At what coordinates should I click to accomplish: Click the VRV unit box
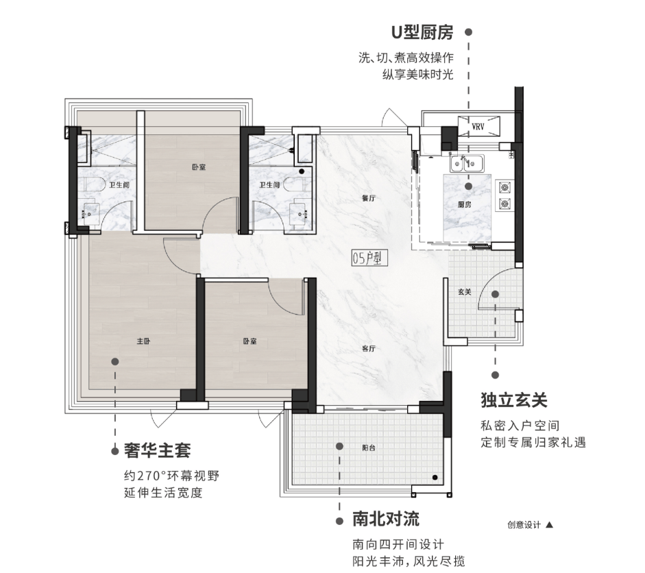tap(479, 126)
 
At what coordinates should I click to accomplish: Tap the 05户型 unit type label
tap(369, 258)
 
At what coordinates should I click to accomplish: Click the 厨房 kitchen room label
tap(464, 204)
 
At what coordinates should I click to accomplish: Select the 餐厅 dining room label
tap(369, 198)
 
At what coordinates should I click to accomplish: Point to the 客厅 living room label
tap(369, 348)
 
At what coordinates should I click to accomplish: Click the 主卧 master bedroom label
tap(143, 341)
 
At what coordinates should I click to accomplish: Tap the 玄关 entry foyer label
tap(465, 292)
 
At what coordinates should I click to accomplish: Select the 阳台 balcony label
tap(369, 448)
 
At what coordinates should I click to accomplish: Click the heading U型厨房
tap(422, 32)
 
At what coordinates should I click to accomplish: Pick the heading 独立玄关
tap(514, 400)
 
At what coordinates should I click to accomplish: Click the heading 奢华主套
tap(158, 450)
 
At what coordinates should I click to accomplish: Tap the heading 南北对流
tap(386, 519)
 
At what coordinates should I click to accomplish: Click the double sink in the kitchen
tap(467, 164)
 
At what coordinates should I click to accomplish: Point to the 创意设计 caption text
tap(524, 524)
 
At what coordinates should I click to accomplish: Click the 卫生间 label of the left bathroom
tap(119, 184)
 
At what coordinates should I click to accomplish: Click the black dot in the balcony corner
tap(435, 477)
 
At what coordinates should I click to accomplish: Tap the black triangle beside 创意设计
tap(549, 525)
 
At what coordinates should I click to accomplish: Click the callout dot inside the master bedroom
tap(115, 362)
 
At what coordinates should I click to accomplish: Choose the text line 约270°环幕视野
tap(171, 476)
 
